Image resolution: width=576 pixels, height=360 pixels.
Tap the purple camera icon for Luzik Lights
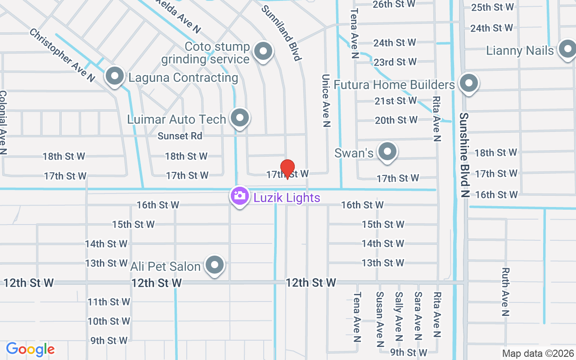(x=240, y=196)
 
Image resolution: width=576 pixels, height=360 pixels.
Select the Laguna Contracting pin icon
(x=115, y=76)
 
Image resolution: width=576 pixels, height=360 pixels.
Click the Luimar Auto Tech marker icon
(x=240, y=118)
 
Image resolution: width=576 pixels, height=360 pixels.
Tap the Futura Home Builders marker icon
(x=469, y=83)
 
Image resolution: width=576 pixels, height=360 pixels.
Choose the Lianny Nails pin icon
(x=567, y=49)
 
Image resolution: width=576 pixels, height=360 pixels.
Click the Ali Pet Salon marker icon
(x=215, y=265)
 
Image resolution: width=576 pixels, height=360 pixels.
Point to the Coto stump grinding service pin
(x=263, y=51)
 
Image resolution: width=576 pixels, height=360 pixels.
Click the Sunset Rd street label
(x=180, y=135)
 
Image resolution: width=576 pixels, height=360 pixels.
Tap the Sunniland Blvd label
(x=281, y=32)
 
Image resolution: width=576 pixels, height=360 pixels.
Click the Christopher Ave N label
(x=62, y=55)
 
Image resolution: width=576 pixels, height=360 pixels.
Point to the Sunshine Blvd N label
(x=464, y=155)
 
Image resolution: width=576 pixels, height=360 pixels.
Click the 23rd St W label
(x=395, y=62)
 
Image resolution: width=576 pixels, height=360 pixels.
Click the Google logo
(x=30, y=349)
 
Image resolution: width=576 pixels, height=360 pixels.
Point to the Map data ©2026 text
(x=538, y=353)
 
